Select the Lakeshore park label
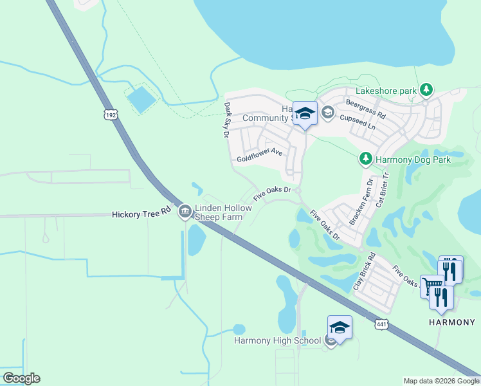390,91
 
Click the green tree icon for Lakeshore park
425,89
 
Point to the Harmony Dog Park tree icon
366,158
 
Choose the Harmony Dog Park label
413,159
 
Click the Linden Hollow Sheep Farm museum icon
185,210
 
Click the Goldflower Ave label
260,154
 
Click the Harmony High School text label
277,340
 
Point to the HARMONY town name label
452,322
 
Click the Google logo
21,378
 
